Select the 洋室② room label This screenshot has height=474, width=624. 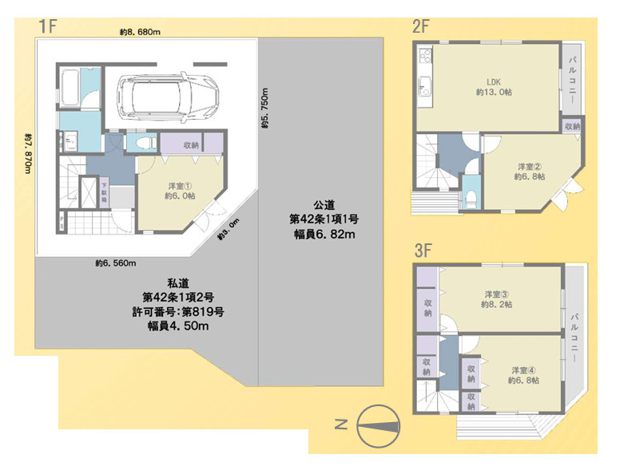pos(528,171)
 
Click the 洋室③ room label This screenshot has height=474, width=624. pos(496,298)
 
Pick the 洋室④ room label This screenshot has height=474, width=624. pos(523,375)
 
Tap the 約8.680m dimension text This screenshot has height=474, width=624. pos(141,33)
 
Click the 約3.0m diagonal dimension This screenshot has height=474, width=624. pos(228,237)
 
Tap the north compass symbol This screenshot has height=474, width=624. pos(376,425)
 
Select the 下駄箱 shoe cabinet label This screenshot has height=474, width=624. pos(104,193)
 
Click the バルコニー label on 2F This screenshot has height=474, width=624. pos(573,77)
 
